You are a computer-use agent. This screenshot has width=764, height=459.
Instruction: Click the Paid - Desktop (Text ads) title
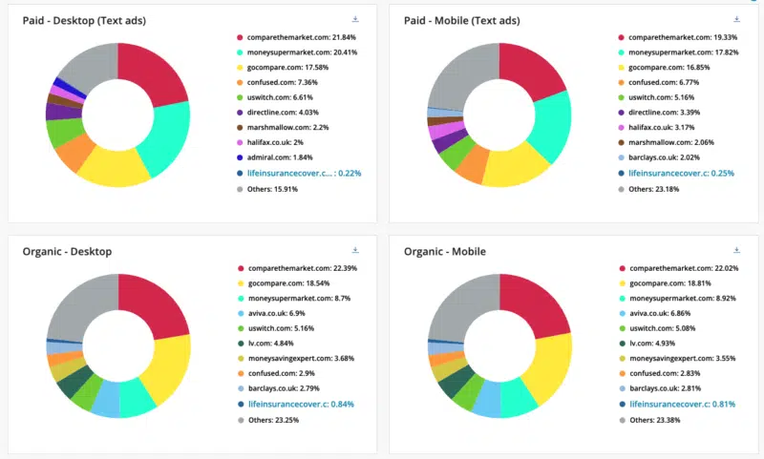pyautogui.click(x=84, y=20)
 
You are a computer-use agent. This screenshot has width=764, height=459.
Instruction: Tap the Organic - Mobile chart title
pyautogui.click(x=445, y=251)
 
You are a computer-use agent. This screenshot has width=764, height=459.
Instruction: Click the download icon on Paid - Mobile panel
pyautogui.click(x=736, y=18)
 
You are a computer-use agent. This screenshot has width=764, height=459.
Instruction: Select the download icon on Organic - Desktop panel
pyautogui.click(x=354, y=249)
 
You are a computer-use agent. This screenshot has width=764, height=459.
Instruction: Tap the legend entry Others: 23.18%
pyautogui.click(x=660, y=189)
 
